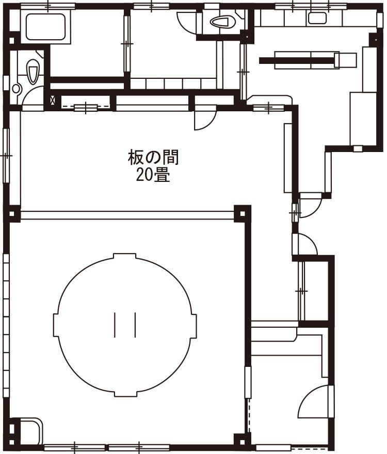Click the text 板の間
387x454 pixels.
pos(153,157)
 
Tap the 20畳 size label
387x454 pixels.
pos(153,175)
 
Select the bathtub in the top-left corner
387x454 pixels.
pos(45,27)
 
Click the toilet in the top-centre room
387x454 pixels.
pos(222,22)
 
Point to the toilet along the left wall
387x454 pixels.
pos(33,72)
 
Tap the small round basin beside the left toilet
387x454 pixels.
pos(17,88)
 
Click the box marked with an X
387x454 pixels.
pos(53,100)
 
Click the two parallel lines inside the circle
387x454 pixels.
pos(125,325)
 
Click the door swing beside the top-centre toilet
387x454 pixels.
pos(187,20)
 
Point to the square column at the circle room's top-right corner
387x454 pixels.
pos(242,214)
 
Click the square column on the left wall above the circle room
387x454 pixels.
pos(12,214)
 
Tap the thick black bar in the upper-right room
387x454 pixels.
pos(296,60)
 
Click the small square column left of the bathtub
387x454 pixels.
pos(12,40)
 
